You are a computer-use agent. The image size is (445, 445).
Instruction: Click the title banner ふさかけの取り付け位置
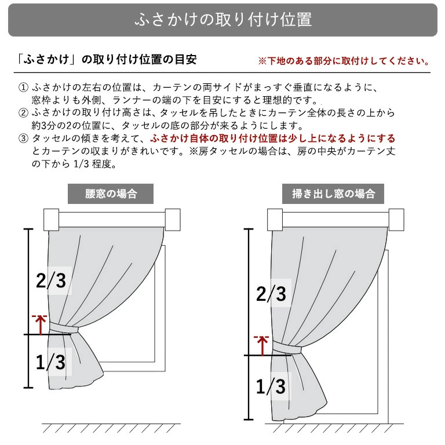(222, 20)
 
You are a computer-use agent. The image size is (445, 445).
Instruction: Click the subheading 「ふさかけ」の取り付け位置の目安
(108, 60)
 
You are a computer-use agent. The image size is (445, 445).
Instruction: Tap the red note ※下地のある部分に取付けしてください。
(344, 61)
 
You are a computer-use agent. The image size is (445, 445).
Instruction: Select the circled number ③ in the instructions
(23, 139)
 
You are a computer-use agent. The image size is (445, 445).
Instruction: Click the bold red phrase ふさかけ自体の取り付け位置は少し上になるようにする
(272, 139)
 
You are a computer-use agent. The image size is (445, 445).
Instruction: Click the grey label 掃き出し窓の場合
(333, 194)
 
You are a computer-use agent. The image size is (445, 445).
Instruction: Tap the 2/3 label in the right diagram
(271, 294)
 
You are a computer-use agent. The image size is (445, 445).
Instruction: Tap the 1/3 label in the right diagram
(271, 385)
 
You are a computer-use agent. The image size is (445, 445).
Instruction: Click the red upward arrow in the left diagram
(39, 325)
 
